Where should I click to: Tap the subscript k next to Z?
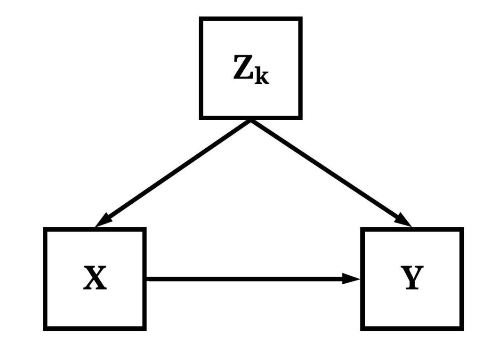coord(262,77)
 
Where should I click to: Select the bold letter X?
coord(95,279)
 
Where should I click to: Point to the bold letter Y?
coord(412,278)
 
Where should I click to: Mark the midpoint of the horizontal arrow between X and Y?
coord(253,279)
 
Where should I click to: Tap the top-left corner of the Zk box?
coord(201,19)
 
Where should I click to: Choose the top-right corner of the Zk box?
coord(300,19)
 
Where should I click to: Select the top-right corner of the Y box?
coord(462,229)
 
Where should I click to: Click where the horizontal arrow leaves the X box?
coord(146,279)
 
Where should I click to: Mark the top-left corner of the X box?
coord(45,229)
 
